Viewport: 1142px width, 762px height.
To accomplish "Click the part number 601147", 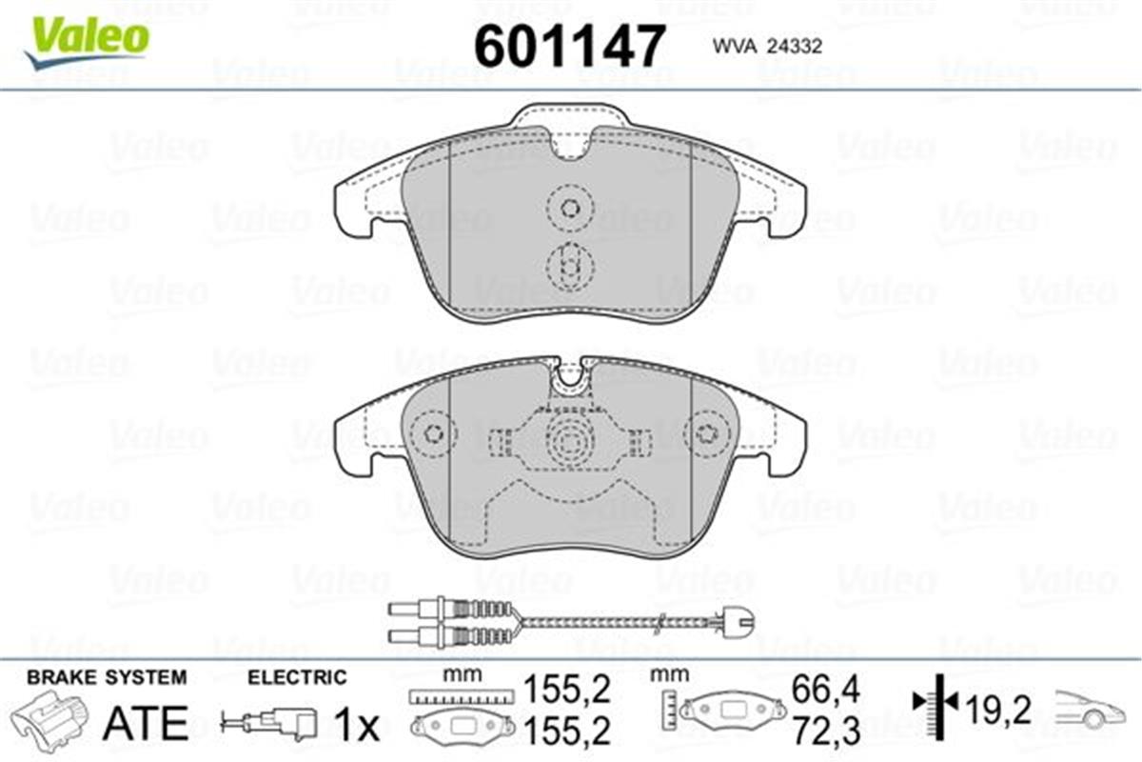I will pyautogui.click(x=568, y=45).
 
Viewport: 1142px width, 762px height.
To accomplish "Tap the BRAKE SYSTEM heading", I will pyautogui.click(x=107, y=677).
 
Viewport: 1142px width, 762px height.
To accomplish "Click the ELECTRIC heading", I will pyautogui.click(x=297, y=677).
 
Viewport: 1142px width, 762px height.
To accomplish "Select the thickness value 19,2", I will pyautogui.click(x=999, y=709).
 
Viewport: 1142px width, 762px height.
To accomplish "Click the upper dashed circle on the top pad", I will pyautogui.click(x=570, y=207).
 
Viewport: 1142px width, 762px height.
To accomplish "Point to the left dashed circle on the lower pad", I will pyautogui.click(x=435, y=434).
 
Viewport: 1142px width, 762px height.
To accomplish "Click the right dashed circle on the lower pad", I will pyautogui.click(x=705, y=434).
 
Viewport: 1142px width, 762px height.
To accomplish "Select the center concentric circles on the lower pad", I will pyautogui.click(x=570, y=441).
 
